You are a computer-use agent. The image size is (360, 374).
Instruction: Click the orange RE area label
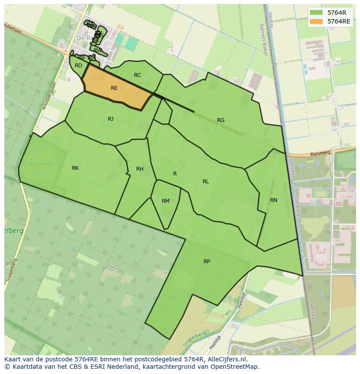pyautogui.click(x=114, y=88)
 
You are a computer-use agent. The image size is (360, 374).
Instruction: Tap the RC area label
pyautogui.click(x=137, y=75)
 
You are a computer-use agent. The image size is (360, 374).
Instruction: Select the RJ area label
pyautogui.click(x=111, y=119)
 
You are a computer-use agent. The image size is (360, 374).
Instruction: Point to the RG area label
pyautogui.click(x=220, y=120)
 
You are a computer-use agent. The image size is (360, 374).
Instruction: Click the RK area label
pyautogui.click(x=75, y=168)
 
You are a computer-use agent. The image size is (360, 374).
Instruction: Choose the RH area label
pyautogui.click(x=140, y=169)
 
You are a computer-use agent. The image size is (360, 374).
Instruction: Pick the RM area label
pyautogui.click(x=166, y=201)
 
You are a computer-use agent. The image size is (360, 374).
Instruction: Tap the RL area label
pyautogui.click(x=206, y=182)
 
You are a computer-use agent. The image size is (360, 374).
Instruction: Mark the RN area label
pyautogui.click(x=273, y=200)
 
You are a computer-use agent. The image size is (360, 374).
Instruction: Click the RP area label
pyautogui.click(x=207, y=261)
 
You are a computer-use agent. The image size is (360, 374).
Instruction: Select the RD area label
pyautogui.click(x=78, y=66)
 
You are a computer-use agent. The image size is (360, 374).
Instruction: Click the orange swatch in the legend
pyautogui.click(x=317, y=21)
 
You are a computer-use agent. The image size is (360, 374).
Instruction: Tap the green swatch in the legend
pyautogui.click(x=317, y=13)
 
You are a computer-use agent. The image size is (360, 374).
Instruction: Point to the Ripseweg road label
pyautogui.click(x=320, y=153)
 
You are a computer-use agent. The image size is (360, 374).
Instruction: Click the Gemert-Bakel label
pyautogui.click(x=263, y=39)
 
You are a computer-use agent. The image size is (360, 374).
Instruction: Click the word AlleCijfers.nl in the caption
pyautogui.click(x=227, y=359)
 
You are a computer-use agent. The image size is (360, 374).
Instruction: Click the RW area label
pyautogui.click(x=98, y=50)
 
